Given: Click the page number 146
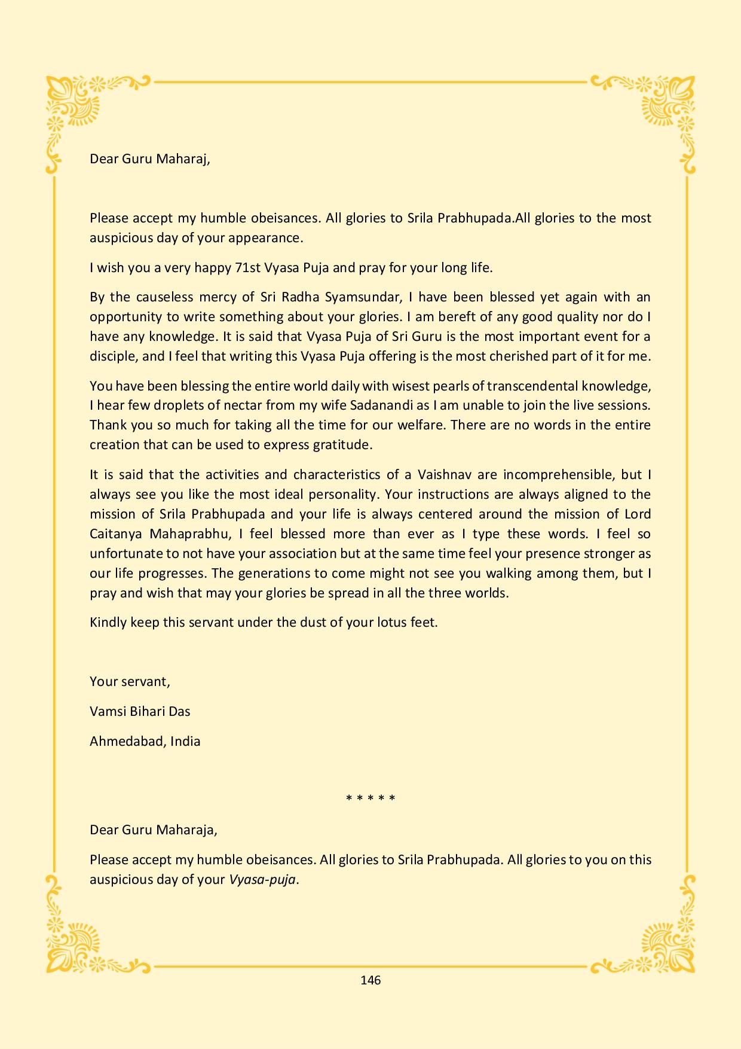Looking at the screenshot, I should point(370,980).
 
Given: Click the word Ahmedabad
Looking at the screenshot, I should point(127,742).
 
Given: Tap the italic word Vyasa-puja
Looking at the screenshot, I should point(262,880).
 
